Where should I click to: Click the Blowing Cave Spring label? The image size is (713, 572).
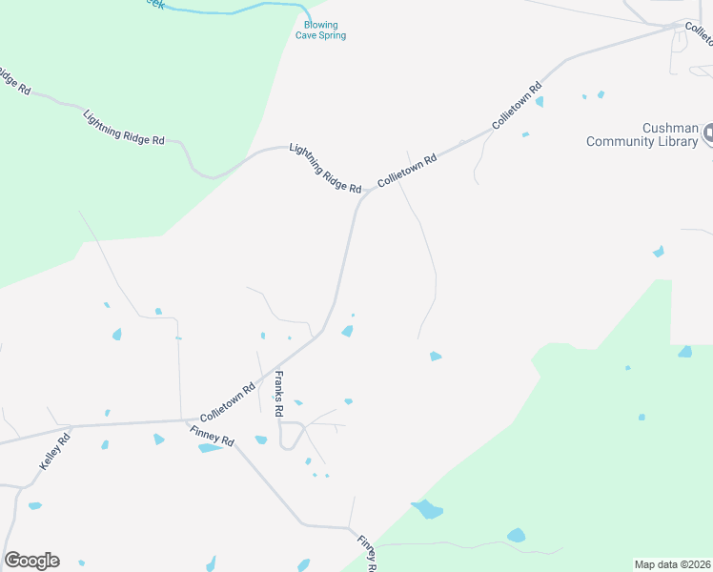pyautogui.click(x=323, y=31)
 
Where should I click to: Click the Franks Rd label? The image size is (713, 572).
pyautogui.click(x=279, y=394)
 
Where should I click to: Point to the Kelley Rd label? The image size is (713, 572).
pyautogui.click(x=55, y=452)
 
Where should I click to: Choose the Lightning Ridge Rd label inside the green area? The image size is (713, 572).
pyautogui.click(x=124, y=128)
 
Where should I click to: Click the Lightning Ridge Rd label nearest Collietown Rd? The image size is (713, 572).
pyautogui.click(x=325, y=169)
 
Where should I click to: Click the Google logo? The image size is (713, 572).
pyautogui.click(x=31, y=561)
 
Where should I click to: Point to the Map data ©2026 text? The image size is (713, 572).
pyautogui.click(x=672, y=564)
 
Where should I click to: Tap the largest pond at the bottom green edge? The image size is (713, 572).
pyautogui.click(x=427, y=509)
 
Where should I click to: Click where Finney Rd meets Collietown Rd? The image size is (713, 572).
pyautogui.click(x=183, y=420)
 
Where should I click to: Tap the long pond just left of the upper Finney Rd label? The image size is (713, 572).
pyautogui.click(x=211, y=448)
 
